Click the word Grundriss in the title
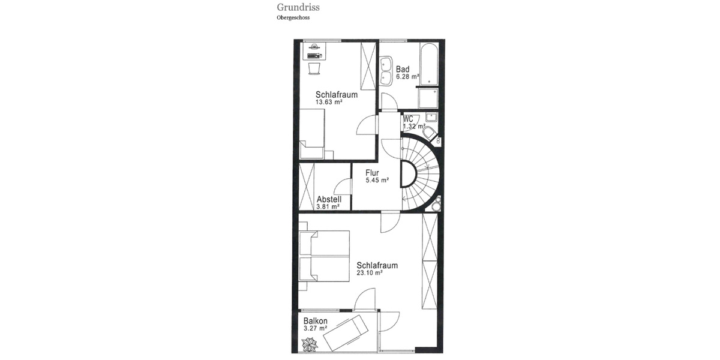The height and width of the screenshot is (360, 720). (x=298, y=8)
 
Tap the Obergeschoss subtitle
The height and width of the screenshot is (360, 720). (x=293, y=18)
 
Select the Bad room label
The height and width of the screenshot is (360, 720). (x=402, y=69)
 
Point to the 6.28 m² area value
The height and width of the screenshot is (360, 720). (x=407, y=77)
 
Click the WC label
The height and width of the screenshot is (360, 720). (x=408, y=118)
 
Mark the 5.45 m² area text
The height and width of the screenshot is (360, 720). (x=377, y=180)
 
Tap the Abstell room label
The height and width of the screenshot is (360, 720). (x=329, y=199)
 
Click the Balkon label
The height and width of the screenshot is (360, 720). (x=316, y=320)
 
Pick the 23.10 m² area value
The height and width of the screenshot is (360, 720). (x=370, y=272)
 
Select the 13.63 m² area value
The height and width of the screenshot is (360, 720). (x=329, y=102)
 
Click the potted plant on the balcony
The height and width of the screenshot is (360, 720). (x=310, y=344)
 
